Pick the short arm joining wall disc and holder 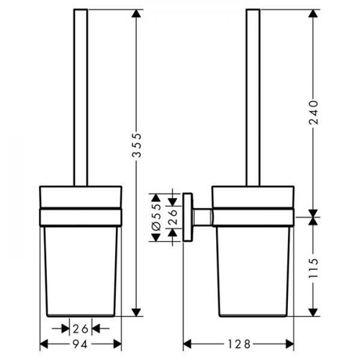pyautogui.click(x=203, y=216)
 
